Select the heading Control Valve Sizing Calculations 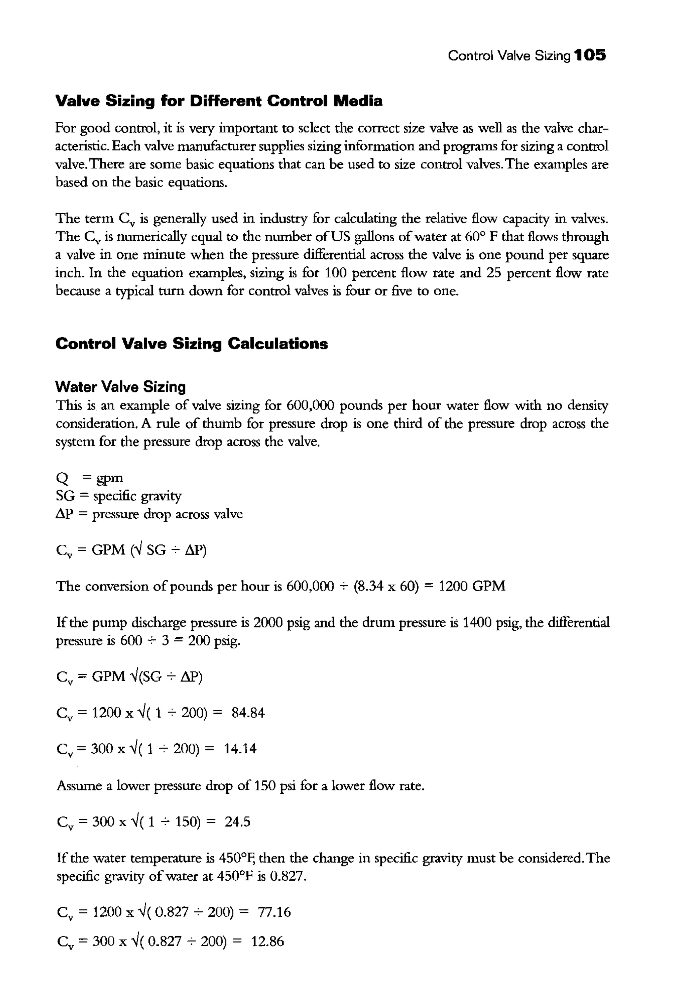(x=192, y=343)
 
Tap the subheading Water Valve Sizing (x=121, y=387)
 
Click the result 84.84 (x=248, y=713)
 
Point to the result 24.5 (x=237, y=822)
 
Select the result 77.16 (x=274, y=912)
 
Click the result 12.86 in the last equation (x=267, y=941)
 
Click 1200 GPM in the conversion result (x=472, y=586)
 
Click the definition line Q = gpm (x=89, y=478)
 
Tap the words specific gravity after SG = (x=137, y=496)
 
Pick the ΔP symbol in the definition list (x=64, y=514)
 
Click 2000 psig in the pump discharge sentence (x=282, y=622)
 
